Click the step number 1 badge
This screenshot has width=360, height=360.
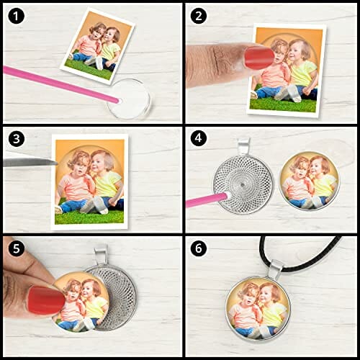pos(16,17)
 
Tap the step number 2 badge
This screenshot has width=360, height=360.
pos(199,17)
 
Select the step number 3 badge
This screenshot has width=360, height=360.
pos(16,139)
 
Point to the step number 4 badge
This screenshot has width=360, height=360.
pos(199,139)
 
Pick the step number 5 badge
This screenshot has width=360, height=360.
pos(16,248)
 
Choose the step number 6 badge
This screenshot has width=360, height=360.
pos(199,248)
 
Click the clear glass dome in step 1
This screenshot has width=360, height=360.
pos(130,99)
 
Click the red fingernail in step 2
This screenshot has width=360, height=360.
pos(259,58)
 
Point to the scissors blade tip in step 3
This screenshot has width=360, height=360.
pos(57,163)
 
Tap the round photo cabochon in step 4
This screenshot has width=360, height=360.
pos(310,181)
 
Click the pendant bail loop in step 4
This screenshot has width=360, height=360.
pos(244,146)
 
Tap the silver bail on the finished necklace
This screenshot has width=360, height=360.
pos(276,269)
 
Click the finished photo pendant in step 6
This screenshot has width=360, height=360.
pos(258,308)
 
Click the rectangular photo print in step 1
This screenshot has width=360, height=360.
pos(98,45)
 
